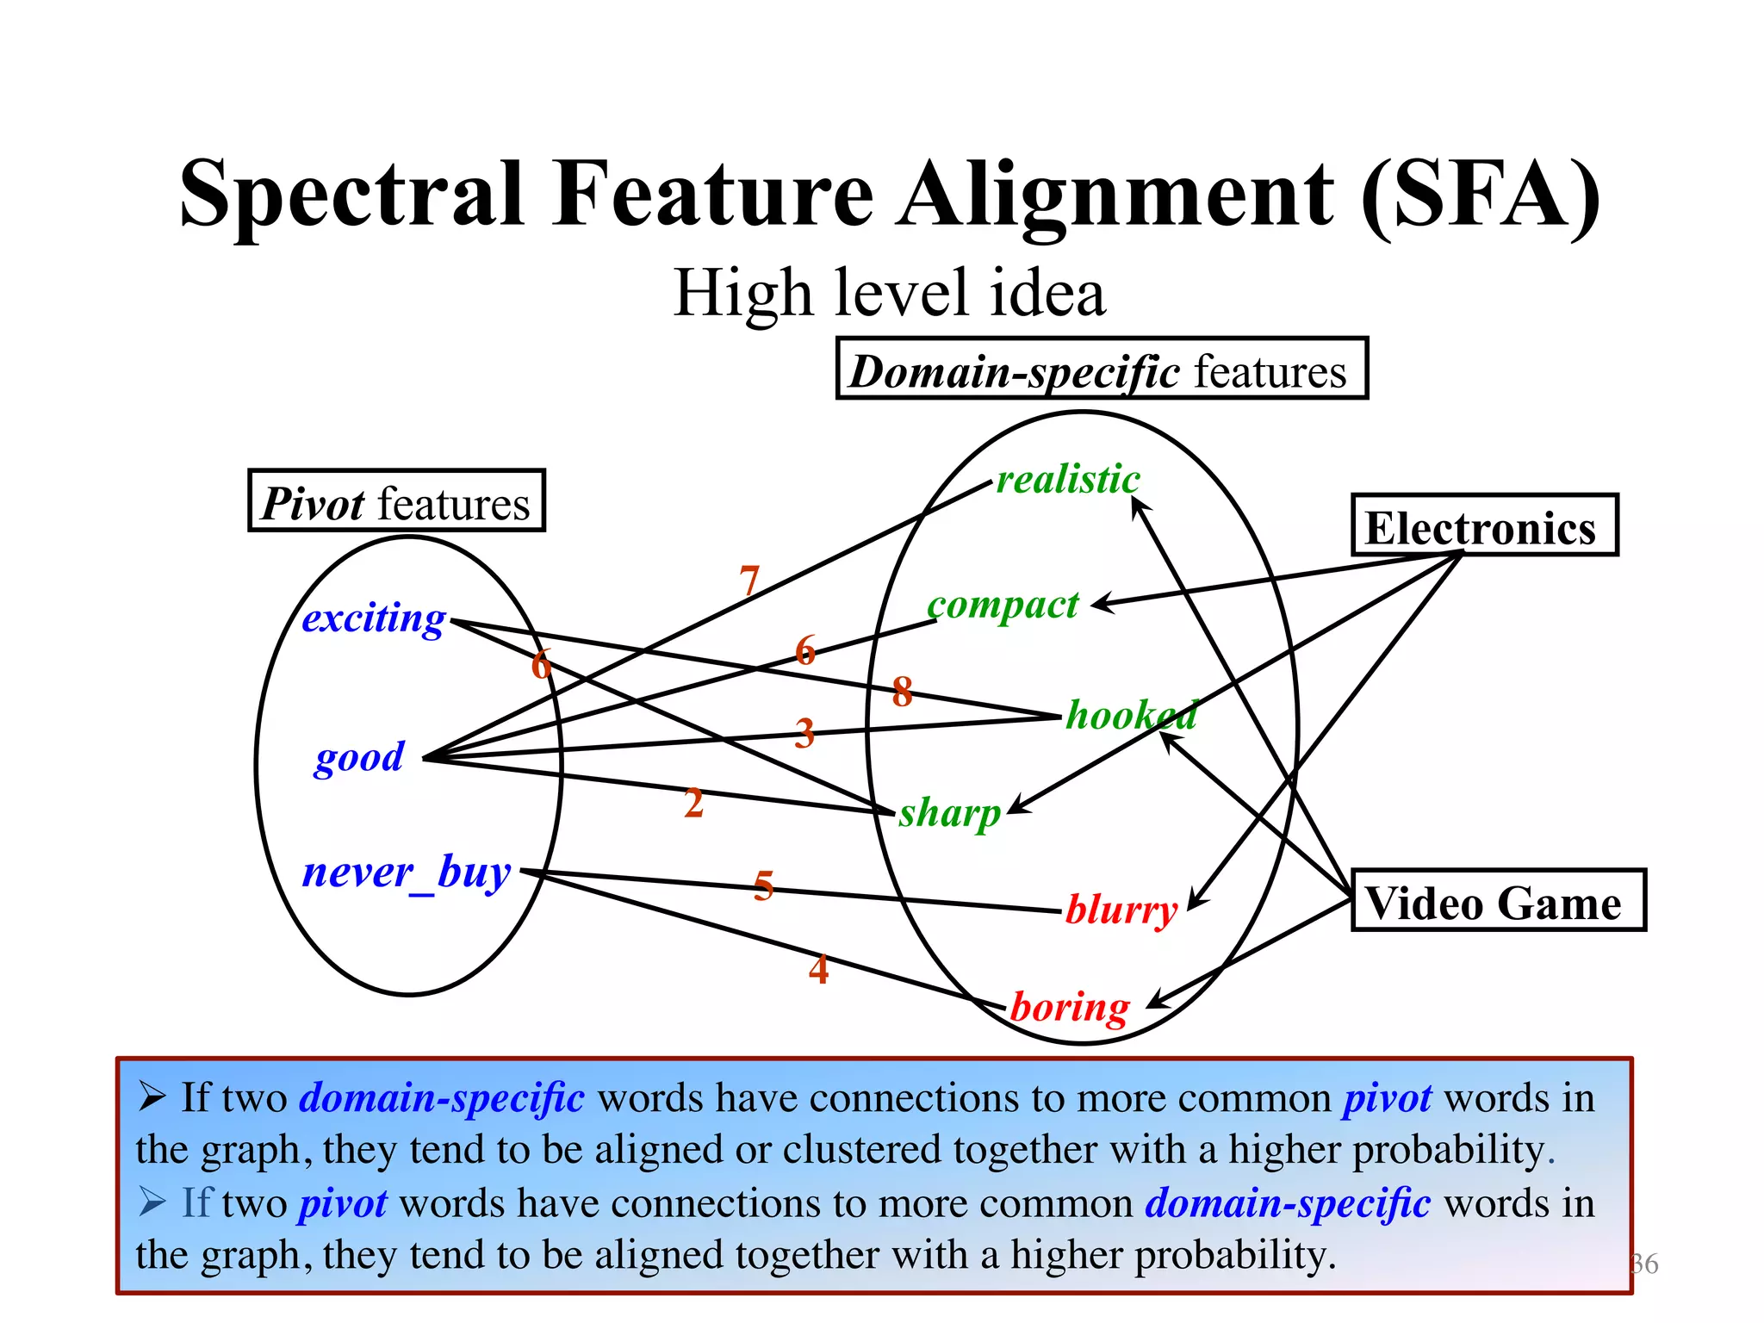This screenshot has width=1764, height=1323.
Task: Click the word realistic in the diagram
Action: (x=1068, y=479)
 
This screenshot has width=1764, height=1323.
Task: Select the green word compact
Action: (x=1003, y=606)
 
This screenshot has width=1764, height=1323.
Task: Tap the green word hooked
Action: (x=1131, y=715)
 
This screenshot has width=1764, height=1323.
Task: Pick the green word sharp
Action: (x=950, y=813)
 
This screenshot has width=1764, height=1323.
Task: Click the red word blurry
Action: (x=1121, y=910)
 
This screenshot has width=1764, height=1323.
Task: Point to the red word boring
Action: (x=1069, y=1007)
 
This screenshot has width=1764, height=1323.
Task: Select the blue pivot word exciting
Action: (x=374, y=618)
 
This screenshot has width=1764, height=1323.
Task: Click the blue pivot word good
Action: (x=359, y=758)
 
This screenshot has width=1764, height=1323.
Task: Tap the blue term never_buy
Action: (x=407, y=873)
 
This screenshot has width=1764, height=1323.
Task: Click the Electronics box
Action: (x=1483, y=526)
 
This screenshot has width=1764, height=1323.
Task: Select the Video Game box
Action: (x=1497, y=901)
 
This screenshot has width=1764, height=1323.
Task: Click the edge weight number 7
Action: (x=749, y=581)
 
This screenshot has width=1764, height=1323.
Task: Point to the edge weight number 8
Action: (x=902, y=691)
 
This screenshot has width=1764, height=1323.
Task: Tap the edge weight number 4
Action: (x=818, y=969)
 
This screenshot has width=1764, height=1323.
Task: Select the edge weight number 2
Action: (x=693, y=803)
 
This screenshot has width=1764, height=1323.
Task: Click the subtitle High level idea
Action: (x=889, y=293)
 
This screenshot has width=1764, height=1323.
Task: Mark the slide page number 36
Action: (x=1643, y=1264)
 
